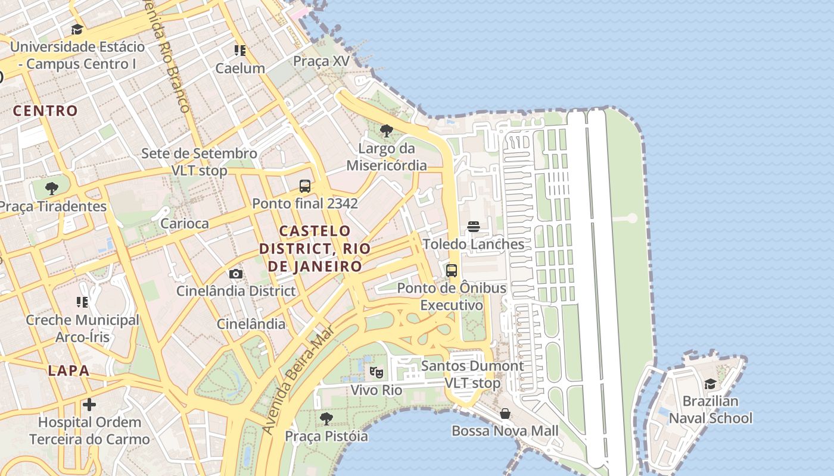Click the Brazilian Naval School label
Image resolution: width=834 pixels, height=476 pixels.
710,410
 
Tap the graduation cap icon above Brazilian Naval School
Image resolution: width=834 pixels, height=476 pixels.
710,384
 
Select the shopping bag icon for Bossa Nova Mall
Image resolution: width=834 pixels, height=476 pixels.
505,414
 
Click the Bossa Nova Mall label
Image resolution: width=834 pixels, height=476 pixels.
505,431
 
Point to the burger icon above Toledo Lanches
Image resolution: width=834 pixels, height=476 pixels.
474,227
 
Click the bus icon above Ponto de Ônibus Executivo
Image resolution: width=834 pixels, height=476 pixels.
452,271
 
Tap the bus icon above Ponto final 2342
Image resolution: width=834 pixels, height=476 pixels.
305,186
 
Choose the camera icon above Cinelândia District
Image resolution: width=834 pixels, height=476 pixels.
236,274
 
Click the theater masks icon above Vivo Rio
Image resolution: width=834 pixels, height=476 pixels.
376,373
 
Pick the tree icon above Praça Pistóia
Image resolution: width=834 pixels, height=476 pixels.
326,419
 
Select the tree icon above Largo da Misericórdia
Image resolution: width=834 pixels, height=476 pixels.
387,131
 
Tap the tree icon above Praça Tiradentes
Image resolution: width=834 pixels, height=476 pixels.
52,189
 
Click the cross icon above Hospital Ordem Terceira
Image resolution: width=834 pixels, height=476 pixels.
89,405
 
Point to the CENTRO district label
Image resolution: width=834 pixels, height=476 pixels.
45,111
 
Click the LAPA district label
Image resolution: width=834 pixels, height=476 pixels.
69,371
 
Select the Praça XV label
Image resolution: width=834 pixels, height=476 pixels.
321,61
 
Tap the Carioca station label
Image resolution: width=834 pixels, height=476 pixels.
185,224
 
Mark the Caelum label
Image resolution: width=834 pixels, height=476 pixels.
240,68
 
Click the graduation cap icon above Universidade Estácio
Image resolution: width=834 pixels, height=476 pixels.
77,30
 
